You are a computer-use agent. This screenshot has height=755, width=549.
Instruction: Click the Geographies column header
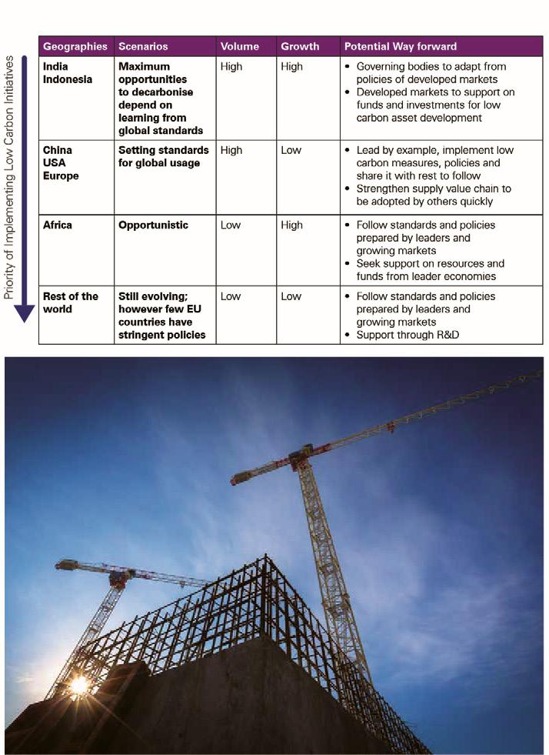[75, 46]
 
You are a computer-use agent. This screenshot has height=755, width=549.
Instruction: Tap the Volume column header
[240, 46]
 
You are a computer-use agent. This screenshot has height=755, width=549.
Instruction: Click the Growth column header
[300, 46]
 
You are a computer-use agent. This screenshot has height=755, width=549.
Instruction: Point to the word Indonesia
[68, 79]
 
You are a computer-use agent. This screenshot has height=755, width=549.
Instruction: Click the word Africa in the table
[58, 225]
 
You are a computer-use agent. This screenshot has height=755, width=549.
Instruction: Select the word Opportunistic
[153, 225]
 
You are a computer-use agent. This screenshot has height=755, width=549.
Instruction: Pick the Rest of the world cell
[71, 302]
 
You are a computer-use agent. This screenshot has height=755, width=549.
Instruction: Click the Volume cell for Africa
[231, 225]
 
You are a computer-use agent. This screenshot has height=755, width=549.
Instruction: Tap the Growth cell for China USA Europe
[291, 150]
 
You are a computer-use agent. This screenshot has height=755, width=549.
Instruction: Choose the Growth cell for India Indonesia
[292, 67]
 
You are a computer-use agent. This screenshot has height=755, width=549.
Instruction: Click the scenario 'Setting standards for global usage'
[163, 156]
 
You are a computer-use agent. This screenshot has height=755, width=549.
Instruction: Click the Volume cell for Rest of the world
[231, 296]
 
